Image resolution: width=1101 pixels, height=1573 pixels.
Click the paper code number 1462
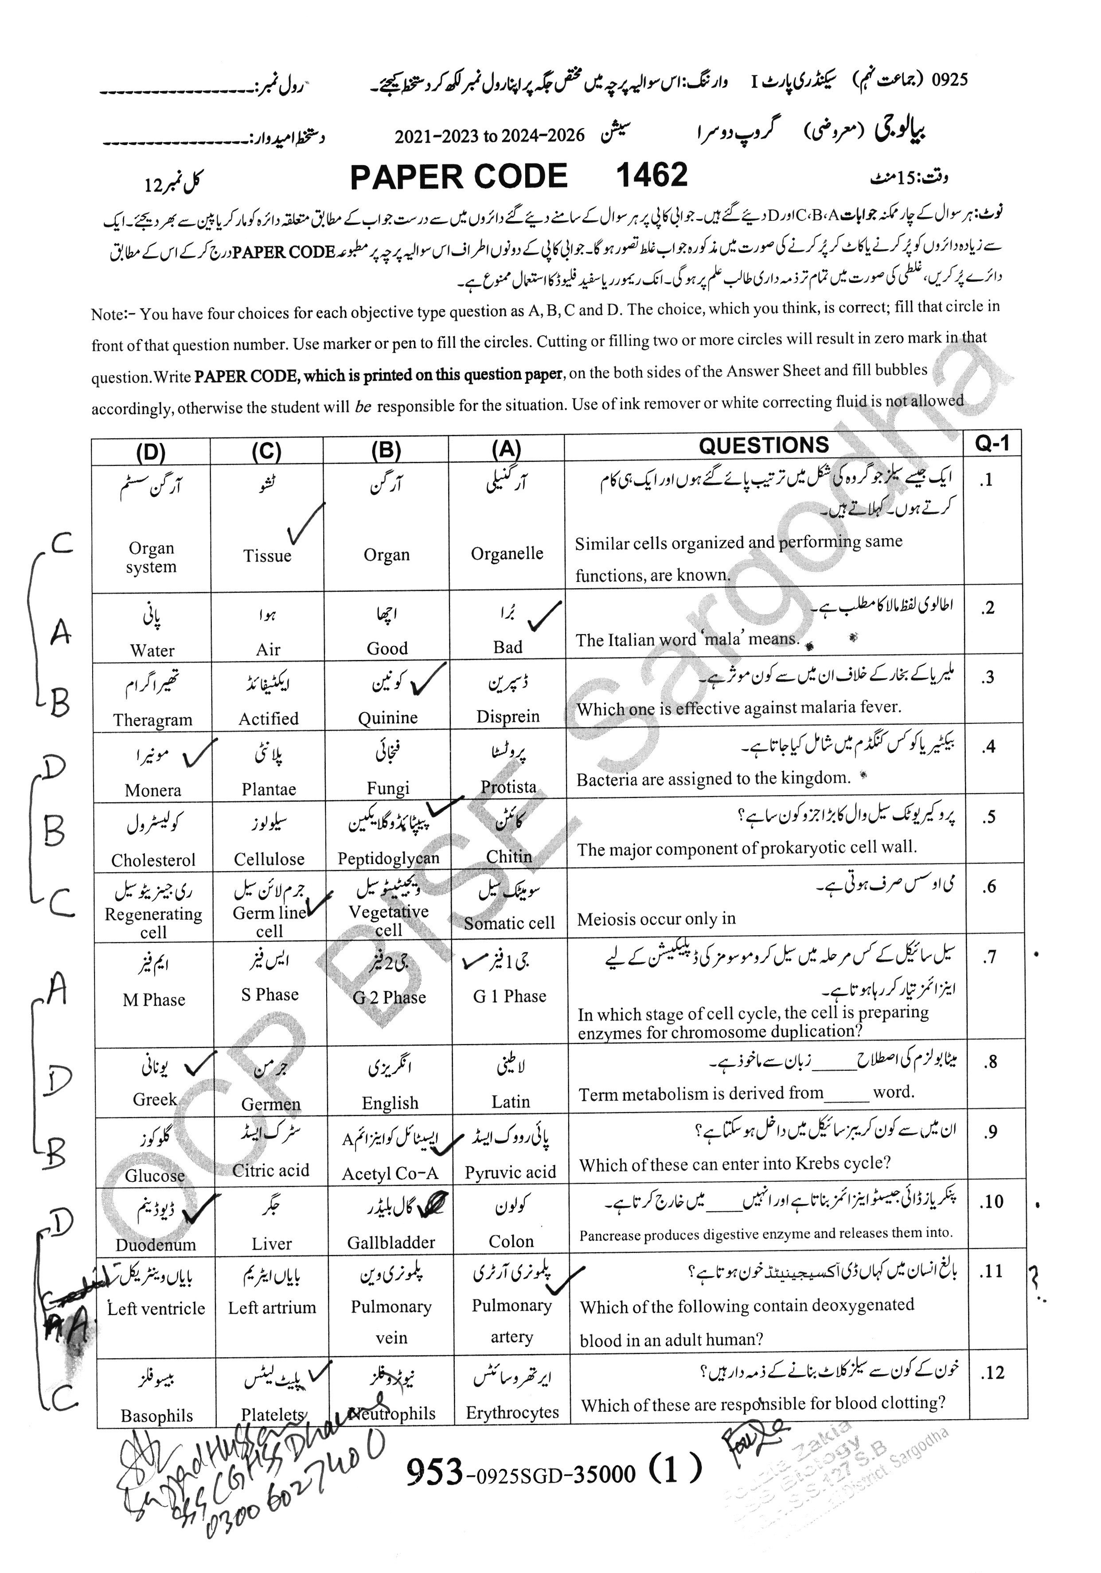click(x=652, y=176)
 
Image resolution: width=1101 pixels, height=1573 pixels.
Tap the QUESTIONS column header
click(x=763, y=445)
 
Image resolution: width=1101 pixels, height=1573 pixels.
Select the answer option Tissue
click(x=267, y=556)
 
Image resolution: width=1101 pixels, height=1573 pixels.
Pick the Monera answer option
click(x=153, y=790)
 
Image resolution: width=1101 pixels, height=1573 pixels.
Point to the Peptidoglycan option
click(x=388, y=859)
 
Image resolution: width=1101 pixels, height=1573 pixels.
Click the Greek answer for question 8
click(x=155, y=1100)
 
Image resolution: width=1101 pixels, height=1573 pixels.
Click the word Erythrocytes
click(x=512, y=1413)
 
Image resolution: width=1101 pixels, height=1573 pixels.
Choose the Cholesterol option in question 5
click(x=153, y=860)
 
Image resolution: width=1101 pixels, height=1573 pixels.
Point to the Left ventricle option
click(x=156, y=1308)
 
